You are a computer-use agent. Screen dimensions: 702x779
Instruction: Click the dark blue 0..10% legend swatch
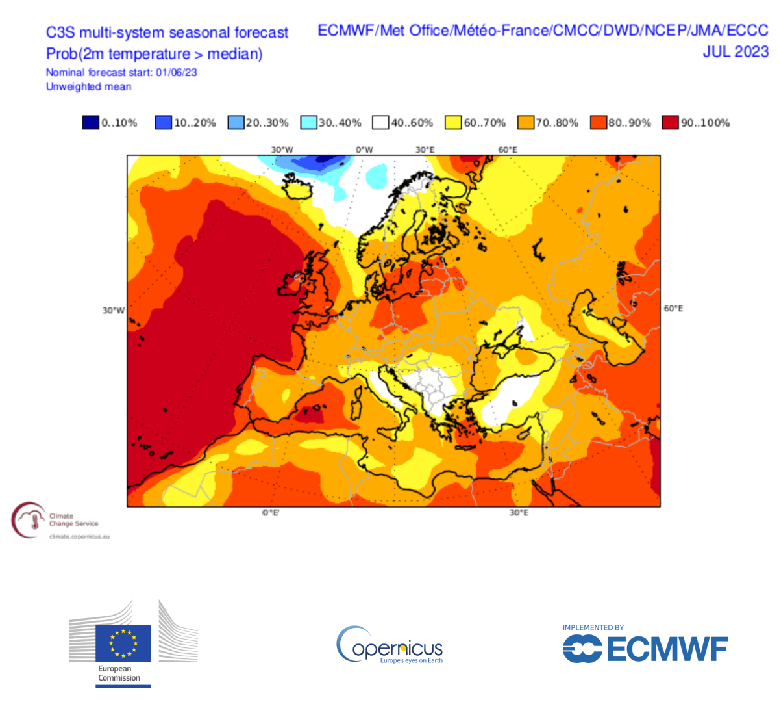(x=90, y=122)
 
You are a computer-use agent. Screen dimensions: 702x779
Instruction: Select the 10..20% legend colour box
(x=163, y=122)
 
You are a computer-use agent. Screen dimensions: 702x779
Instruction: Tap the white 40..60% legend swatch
(x=380, y=122)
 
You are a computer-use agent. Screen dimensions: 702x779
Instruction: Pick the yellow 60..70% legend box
(x=453, y=122)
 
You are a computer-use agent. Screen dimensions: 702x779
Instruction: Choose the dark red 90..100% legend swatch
(x=671, y=122)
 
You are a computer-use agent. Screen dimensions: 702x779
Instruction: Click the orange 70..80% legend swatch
(x=526, y=122)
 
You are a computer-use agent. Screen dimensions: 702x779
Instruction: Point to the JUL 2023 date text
(x=735, y=51)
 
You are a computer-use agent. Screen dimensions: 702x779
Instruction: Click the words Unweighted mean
(x=88, y=86)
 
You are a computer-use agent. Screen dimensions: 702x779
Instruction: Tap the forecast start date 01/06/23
(x=176, y=72)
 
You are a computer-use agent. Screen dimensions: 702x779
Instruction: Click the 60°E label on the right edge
(x=673, y=308)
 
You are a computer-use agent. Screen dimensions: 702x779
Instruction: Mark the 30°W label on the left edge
(x=113, y=311)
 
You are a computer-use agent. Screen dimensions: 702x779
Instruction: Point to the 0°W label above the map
(x=364, y=149)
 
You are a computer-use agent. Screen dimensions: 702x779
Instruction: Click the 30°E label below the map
(x=518, y=513)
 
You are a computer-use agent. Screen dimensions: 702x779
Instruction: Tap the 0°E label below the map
(x=271, y=513)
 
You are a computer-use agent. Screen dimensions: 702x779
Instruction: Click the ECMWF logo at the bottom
(x=645, y=648)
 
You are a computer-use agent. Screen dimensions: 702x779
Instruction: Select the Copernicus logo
(x=389, y=645)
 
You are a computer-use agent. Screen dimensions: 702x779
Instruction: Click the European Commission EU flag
(x=123, y=643)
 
